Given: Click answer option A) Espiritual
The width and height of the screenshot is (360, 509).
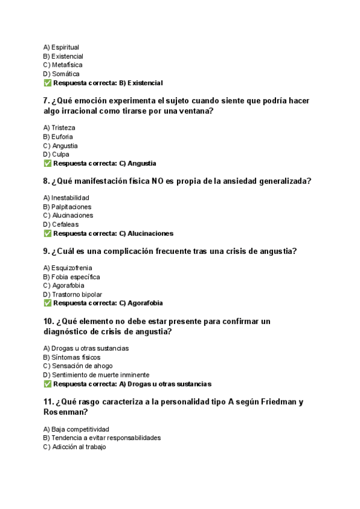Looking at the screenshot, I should [x=61, y=47].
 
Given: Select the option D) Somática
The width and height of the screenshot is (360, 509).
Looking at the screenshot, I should [x=61, y=74].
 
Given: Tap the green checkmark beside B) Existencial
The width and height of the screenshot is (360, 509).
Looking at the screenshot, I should [x=47, y=83].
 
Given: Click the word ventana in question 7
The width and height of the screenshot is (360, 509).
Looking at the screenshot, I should [x=196, y=111].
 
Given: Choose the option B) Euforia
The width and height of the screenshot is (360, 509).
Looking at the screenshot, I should [x=58, y=137].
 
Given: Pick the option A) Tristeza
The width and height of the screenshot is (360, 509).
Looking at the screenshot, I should [x=59, y=128].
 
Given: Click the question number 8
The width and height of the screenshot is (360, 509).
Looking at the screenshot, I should [x=46, y=181].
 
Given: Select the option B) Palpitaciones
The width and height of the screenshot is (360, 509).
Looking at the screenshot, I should [x=67, y=206].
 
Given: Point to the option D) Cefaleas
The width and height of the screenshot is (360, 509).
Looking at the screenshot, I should [x=61, y=224].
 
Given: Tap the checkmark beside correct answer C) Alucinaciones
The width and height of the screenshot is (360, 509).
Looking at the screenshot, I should [x=47, y=233].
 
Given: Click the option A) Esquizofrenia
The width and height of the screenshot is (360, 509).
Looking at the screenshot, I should [x=67, y=268].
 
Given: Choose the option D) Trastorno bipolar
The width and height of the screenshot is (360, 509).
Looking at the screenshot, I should [x=73, y=295].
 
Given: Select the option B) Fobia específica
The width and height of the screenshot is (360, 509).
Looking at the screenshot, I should [x=71, y=277].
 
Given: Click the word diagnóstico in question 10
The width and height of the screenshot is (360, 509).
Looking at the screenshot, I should [x=68, y=331].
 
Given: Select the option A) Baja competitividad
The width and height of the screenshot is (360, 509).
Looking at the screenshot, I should [x=76, y=429].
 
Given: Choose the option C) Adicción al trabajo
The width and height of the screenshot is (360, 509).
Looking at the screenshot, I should [x=74, y=447].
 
